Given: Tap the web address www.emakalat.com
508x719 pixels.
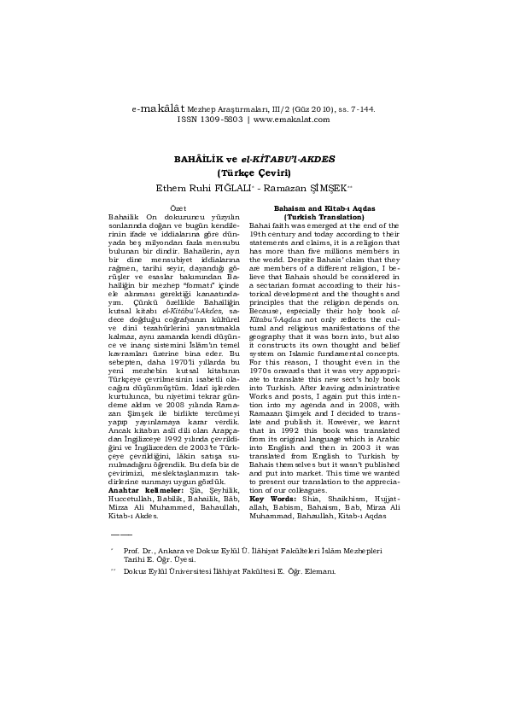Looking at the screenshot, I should click(291, 120).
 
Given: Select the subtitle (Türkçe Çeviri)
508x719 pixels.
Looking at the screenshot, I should click(254, 172).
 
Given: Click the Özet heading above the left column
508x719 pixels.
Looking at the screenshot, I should click(178, 208).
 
